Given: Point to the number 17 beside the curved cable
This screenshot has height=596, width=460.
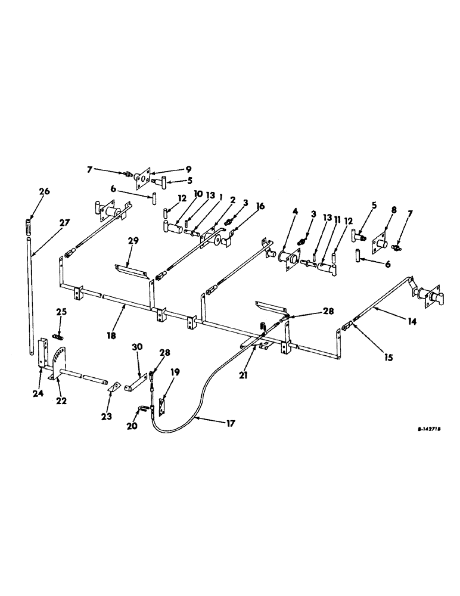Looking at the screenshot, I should [x=230, y=424].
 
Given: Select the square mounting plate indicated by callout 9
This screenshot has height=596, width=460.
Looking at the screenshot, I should [x=142, y=177].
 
